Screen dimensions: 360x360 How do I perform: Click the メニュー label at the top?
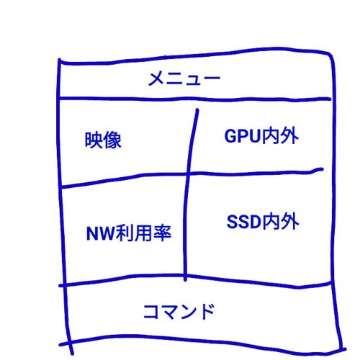(184, 78)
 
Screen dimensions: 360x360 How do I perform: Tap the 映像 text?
(103, 140)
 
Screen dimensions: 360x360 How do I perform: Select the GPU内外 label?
(261, 136)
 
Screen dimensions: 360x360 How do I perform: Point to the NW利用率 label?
(129, 233)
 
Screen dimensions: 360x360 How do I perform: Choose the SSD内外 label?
(263, 222)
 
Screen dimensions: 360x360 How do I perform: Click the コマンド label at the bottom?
(179, 312)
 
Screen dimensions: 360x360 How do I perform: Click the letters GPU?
(243, 136)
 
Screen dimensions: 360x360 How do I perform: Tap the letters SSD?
(243, 222)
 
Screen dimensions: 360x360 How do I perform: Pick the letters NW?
(101, 233)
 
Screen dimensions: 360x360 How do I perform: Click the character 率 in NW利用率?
(163, 233)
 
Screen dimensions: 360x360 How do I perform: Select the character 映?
(94, 140)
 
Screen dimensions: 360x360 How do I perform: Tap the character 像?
(112, 140)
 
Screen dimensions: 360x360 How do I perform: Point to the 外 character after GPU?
(289, 136)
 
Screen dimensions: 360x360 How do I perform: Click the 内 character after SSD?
(271, 222)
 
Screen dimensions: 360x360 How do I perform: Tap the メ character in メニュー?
(156, 78)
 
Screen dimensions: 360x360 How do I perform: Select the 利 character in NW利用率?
(125, 233)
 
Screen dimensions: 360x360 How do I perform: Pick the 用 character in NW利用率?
(143, 233)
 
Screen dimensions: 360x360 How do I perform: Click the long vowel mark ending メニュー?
(212, 78)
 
